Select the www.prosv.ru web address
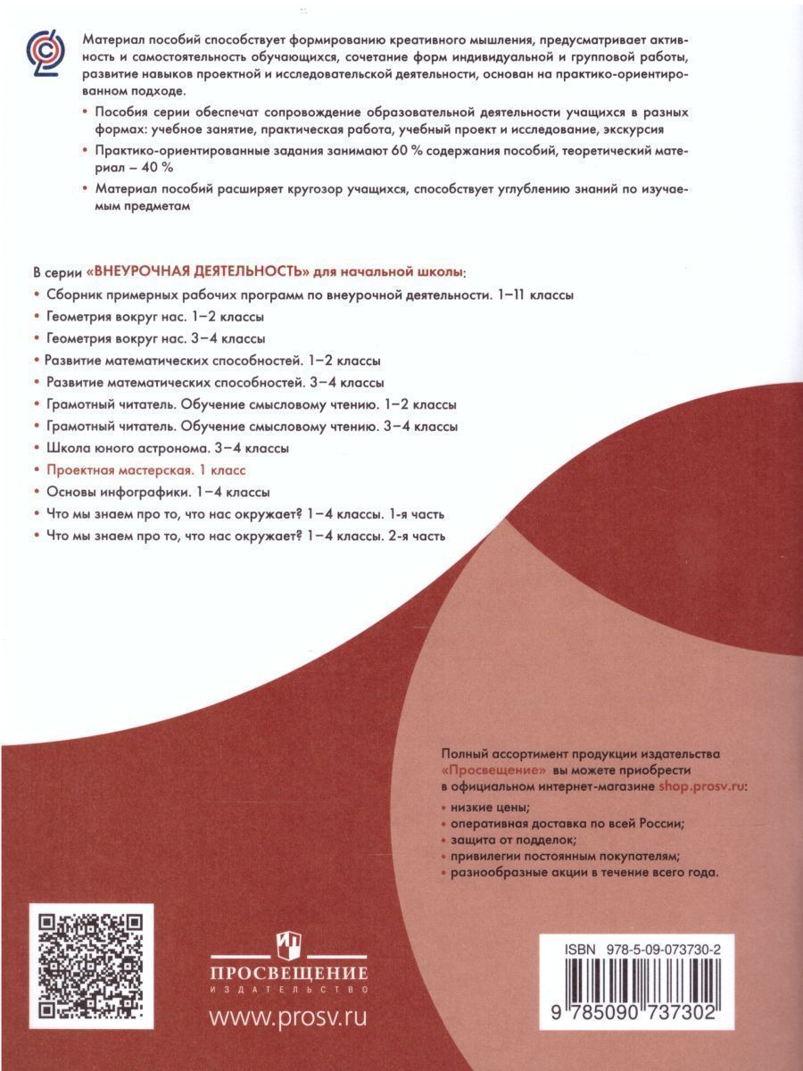[x=287, y=1017]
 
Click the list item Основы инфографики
[x=151, y=491]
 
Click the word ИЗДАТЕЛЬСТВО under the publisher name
[x=287, y=989]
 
